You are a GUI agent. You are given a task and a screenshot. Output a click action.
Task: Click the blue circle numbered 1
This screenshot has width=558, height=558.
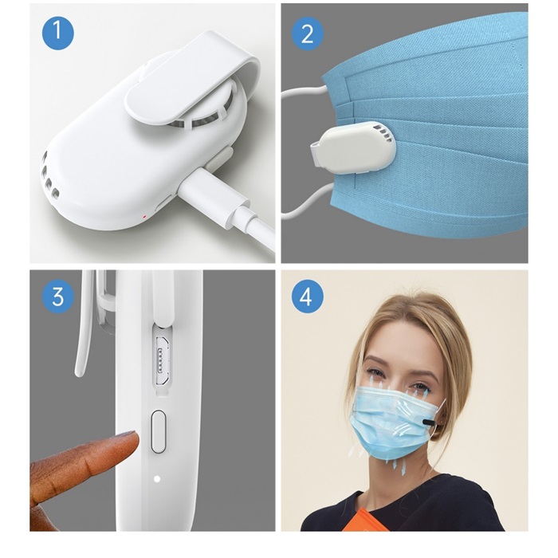(58, 33)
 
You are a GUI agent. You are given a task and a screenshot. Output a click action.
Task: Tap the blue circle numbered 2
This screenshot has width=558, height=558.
(308, 33)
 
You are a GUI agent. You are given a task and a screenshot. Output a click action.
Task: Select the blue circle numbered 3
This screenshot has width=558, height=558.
(58, 297)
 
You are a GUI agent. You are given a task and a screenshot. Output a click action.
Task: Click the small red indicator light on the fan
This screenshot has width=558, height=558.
(144, 217)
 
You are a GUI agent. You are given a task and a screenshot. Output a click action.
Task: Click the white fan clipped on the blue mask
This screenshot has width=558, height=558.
(354, 148)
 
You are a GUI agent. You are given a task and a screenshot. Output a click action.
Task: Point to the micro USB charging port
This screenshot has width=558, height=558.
(163, 360)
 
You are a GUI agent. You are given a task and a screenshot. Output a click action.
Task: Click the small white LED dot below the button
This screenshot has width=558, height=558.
(157, 478)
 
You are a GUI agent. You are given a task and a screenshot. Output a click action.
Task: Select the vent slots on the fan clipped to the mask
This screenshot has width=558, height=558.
(382, 132)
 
